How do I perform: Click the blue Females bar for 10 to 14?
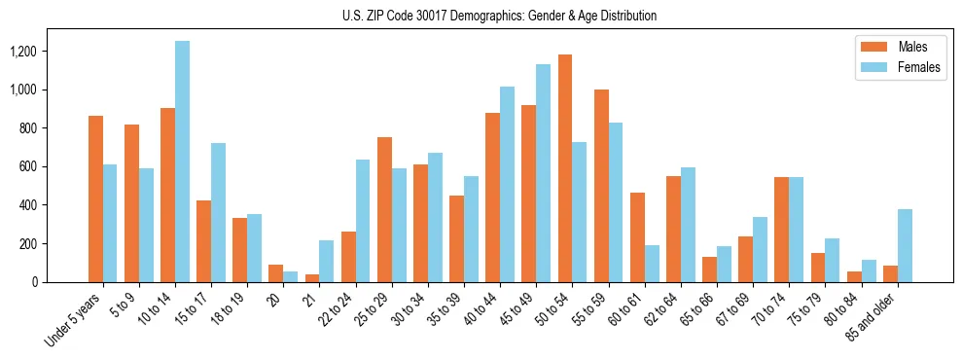point(182,162)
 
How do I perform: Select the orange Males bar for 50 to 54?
point(564,168)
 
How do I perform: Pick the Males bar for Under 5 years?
point(95,199)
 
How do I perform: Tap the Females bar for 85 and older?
point(905,245)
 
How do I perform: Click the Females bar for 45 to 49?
point(543,173)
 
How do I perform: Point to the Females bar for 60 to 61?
point(652,264)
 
